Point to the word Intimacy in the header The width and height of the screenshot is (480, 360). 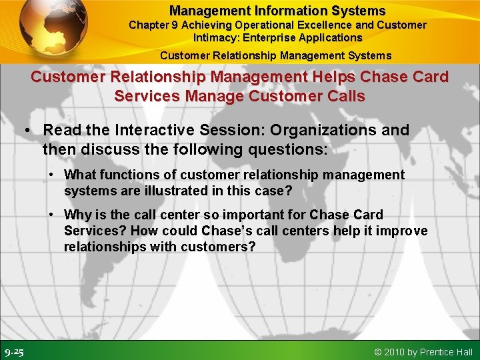click(x=215, y=37)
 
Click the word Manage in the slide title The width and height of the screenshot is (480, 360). click(x=214, y=96)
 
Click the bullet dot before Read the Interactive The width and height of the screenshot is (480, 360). click(x=29, y=131)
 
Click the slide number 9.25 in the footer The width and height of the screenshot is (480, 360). click(x=15, y=351)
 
